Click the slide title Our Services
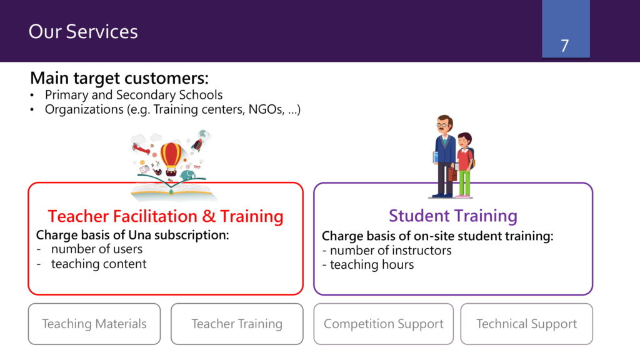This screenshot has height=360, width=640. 83,31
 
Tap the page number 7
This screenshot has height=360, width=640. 564,46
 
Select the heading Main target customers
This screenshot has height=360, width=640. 119,77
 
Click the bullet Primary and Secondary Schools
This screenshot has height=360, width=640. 134,95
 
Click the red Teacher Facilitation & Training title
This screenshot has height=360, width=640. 166,216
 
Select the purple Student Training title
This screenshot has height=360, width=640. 453,216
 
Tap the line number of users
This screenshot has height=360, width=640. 97,249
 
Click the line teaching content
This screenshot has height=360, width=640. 99,264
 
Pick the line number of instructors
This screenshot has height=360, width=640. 391,250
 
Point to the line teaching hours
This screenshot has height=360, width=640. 372,264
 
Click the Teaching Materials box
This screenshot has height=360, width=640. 94,324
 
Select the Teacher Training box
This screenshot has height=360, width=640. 237,324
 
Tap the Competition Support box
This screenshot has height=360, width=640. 384,324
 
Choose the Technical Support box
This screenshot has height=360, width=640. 526,324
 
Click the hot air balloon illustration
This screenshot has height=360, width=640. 171,158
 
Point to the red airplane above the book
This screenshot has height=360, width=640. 141,149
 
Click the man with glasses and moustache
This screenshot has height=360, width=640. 444,157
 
